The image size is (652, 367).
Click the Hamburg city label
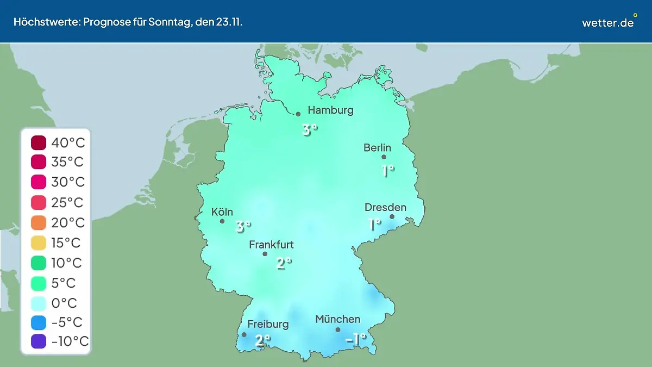click(x=330, y=110)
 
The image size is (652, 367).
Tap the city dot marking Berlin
click(x=384, y=157)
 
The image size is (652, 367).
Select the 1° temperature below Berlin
click(x=387, y=171)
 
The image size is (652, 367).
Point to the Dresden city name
click(x=385, y=207)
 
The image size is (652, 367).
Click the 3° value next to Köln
click(x=243, y=226)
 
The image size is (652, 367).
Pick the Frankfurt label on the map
click(x=271, y=245)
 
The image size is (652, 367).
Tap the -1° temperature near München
click(x=356, y=339)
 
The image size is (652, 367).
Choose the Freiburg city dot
click(x=244, y=334)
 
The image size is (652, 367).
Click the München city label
click(x=337, y=319)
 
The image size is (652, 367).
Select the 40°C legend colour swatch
click(x=39, y=143)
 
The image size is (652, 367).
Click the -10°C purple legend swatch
click(x=39, y=341)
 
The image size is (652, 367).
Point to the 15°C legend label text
click(x=67, y=242)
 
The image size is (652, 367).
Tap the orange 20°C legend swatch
click(x=39, y=223)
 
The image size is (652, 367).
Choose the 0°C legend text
click(x=64, y=302)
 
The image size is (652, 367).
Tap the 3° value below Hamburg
click(x=310, y=129)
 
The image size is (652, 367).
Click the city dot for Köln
click(x=222, y=221)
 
